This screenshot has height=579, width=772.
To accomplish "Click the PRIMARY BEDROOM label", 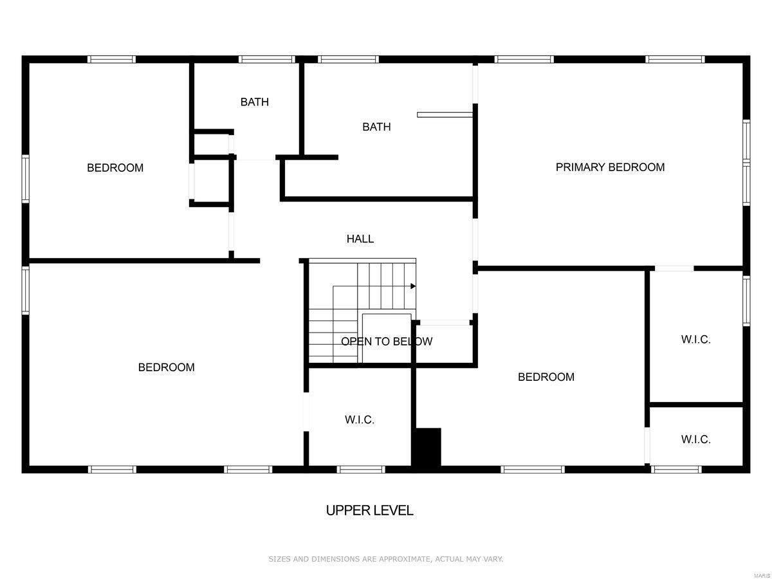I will click(610, 167).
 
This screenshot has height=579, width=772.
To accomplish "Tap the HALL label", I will click(360, 239).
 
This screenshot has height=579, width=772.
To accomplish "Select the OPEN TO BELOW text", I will click(387, 342).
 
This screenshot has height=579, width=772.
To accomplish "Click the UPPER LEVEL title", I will click(369, 511).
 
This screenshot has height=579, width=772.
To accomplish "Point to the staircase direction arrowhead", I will click(413, 286).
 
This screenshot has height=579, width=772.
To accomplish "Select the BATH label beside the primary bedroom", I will click(376, 127).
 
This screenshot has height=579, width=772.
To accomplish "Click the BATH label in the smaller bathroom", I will click(255, 102).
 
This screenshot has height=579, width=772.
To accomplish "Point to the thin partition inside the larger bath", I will click(445, 115).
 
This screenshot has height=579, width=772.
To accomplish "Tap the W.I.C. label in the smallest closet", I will click(696, 440).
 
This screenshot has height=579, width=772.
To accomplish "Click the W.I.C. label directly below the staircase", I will click(360, 420).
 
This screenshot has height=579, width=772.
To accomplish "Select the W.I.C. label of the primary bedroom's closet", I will click(696, 340).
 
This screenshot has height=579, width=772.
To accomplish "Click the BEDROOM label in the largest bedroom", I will click(166, 367).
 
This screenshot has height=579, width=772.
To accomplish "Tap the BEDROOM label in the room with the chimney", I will click(546, 377).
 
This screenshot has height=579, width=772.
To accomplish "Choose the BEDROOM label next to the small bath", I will click(115, 168).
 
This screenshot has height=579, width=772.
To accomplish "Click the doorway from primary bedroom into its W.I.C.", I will click(674, 268).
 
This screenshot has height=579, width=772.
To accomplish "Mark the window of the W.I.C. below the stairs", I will click(362, 469).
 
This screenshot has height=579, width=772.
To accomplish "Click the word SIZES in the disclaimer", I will click(280, 560).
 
